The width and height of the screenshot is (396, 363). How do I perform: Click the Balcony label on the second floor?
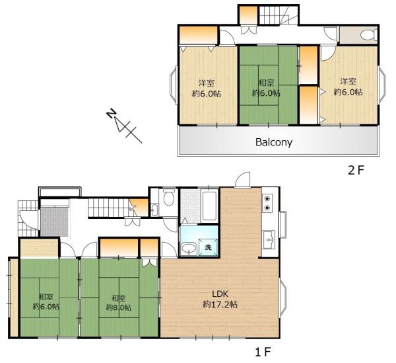coord(274,142)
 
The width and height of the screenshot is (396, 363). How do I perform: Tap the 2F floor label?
coord(356,171)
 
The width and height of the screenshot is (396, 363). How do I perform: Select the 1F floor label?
coord(263,352)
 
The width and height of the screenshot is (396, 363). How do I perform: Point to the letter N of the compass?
coord(111,114)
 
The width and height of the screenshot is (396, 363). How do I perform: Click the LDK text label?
coord(220,294)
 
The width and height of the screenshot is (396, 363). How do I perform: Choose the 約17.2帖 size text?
coord(220,304)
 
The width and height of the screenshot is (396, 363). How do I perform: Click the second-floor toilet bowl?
coord(368,35)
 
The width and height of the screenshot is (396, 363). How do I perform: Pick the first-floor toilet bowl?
coord(168,198)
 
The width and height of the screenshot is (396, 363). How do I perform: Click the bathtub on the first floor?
coord(209,206)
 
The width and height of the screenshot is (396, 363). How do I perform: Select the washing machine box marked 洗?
coord(208,247)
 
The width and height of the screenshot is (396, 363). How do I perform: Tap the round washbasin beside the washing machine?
coord(189,249)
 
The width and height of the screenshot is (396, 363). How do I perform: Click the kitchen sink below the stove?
coord(269,240)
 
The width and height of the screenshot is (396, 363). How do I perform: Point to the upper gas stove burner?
coord(267,198)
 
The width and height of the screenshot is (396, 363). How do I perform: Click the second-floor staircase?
coord(278,15)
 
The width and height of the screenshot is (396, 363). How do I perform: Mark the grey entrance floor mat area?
coord(55,222)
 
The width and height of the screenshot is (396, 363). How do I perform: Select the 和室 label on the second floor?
coord(266,83)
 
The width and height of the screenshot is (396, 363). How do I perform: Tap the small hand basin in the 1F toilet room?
coord(154,210)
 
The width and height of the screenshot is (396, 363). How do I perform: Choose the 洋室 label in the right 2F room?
coord(348,81)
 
